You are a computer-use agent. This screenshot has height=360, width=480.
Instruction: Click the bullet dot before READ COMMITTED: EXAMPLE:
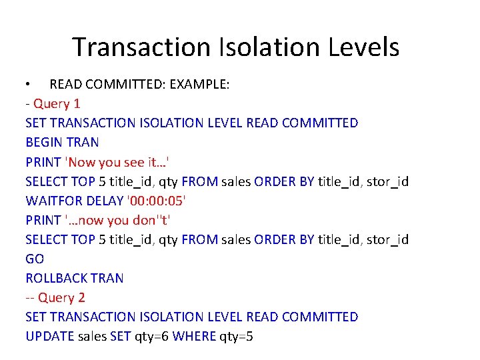click(28, 85)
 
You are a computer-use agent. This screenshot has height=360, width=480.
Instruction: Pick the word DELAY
click(104, 200)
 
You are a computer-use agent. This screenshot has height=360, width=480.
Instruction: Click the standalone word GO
click(34, 259)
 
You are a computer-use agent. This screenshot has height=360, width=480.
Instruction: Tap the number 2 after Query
click(81, 297)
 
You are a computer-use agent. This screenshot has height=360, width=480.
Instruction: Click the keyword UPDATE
click(49, 336)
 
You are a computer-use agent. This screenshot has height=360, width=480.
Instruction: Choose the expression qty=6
click(151, 337)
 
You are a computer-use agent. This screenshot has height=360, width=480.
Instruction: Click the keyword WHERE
click(193, 336)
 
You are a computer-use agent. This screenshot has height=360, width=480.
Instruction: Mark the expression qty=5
click(236, 337)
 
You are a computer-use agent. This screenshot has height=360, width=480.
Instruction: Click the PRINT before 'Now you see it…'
click(43, 161)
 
